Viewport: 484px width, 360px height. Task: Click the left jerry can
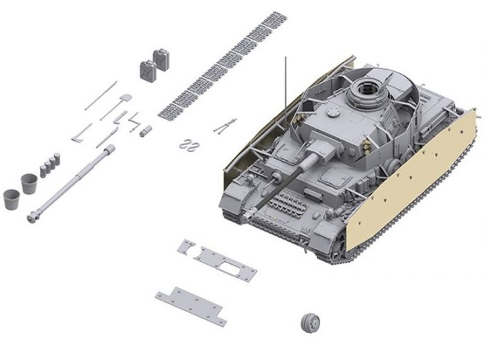(x=147, y=70)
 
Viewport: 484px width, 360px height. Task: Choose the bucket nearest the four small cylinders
(x=28, y=184)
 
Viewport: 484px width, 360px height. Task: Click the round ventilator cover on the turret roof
(x=334, y=110)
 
